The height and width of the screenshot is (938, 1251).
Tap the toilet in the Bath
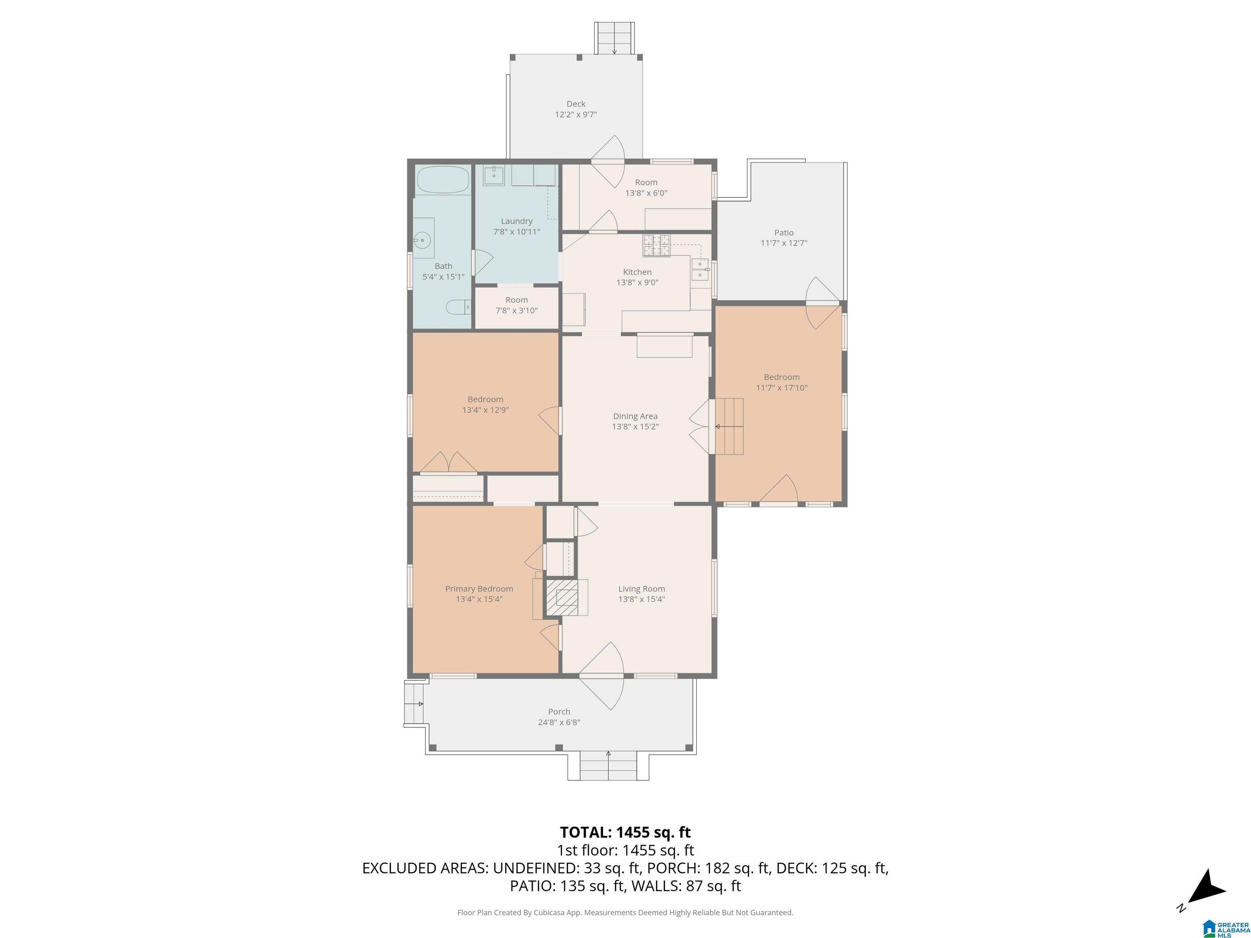click(x=458, y=307)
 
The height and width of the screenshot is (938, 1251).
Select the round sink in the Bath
click(x=422, y=240)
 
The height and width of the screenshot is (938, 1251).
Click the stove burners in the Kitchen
click(x=656, y=245)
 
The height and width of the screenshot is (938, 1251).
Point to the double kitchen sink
click(x=700, y=269)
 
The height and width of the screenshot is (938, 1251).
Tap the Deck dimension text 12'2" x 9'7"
click(x=576, y=114)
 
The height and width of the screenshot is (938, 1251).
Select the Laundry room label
click(x=516, y=221)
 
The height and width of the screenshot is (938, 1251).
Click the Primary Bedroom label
click(x=479, y=589)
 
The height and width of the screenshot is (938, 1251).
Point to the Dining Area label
click(x=634, y=416)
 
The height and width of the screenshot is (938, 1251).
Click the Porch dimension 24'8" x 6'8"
click(x=559, y=722)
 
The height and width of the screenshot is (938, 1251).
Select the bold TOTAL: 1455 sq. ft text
click(x=625, y=832)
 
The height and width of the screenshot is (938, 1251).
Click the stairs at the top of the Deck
click(x=614, y=38)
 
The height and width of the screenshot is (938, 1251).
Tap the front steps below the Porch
click(x=608, y=766)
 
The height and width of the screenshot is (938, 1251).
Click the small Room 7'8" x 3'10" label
click(x=516, y=300)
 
